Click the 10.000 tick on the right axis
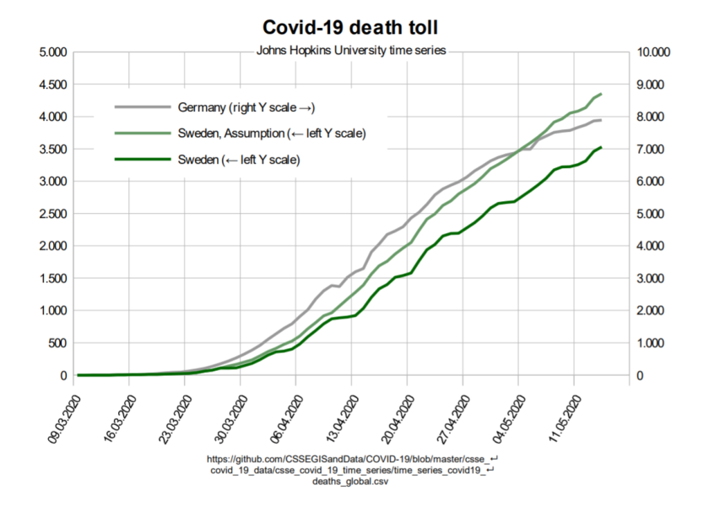654,52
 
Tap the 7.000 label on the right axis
651,150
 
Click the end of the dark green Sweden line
600,148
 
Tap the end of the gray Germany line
600,120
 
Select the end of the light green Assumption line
600,94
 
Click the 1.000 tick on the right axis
651,343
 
